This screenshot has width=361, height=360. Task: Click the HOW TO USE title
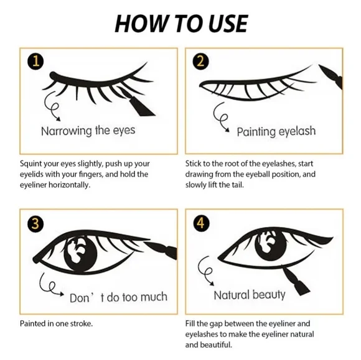point(180,23)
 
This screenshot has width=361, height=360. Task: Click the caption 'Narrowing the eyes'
point(88,131)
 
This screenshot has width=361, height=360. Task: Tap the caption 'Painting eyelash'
point(276,132)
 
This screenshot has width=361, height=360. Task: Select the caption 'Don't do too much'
point(118,298)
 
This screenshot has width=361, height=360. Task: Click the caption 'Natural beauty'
point(250,294)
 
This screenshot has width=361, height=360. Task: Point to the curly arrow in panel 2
point(221,118)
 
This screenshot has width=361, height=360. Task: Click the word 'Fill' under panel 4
point(191,323)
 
